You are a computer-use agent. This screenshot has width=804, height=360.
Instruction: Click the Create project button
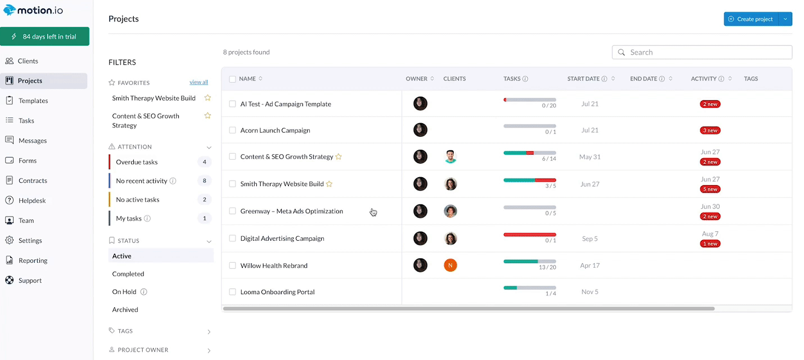[x=751, y=19]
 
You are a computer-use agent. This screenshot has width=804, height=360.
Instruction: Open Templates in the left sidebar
[x=33, y=101]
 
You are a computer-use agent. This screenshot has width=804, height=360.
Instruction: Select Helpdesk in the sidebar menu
[x=32, y=200]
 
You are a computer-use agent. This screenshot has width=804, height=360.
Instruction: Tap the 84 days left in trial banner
[x=44, y=37]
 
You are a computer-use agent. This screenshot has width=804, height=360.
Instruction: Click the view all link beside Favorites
[x=198, y=82]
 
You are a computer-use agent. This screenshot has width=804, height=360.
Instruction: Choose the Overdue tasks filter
[x=137, y=162]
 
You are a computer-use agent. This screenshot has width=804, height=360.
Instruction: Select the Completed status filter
[x=128, y=274]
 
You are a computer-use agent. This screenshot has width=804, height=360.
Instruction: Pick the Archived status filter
[x=125, y=309]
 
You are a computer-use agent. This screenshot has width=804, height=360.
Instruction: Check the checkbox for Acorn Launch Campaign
[x=232, y=130]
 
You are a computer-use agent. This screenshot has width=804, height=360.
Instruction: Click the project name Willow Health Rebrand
[x=274, y=265]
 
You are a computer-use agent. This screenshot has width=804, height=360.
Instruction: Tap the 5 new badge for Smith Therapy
[x=710, y=189]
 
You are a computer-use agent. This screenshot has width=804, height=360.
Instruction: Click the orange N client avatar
[x=450, y=265]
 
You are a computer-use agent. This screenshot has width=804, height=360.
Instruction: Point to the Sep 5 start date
[x=590, y=238]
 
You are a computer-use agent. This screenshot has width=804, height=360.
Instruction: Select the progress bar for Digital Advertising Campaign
[x=530, y=235]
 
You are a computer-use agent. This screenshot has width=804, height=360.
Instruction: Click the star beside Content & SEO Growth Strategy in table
[x=338, y=157]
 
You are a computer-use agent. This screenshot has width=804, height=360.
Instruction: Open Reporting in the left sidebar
[x=33, y=260]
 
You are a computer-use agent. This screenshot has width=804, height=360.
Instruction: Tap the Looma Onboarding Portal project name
[x=277, y=292]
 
